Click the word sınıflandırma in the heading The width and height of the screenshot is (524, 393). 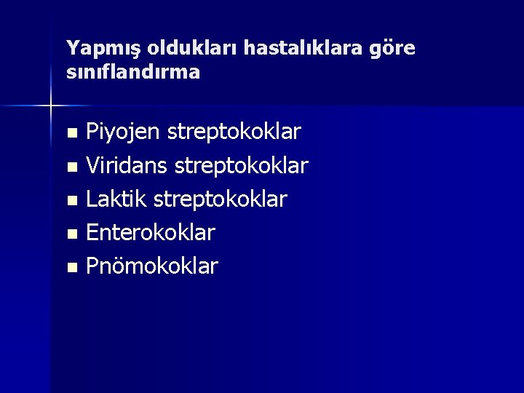click(133, 73)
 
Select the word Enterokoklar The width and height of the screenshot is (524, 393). click(151, 233)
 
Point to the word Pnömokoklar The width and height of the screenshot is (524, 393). click(152, 266)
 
